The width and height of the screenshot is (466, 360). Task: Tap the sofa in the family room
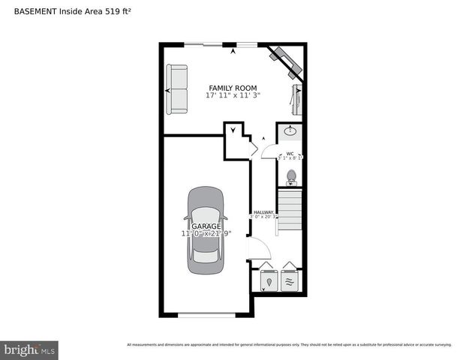click(178, 90)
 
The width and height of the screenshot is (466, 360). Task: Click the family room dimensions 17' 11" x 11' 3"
click(233, 96)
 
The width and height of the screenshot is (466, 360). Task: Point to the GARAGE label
click(206, 226)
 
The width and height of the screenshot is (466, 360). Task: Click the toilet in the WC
click(291, 177)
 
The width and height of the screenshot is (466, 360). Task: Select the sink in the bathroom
click(290, 132)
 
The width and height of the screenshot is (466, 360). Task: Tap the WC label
click(290, 154)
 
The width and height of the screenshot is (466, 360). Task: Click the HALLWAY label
click(263, 212)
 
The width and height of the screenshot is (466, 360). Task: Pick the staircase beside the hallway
click(289, 213)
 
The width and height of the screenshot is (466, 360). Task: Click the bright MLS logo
click(30, 349)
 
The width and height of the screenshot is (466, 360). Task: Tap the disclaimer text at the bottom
click(289, 344)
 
